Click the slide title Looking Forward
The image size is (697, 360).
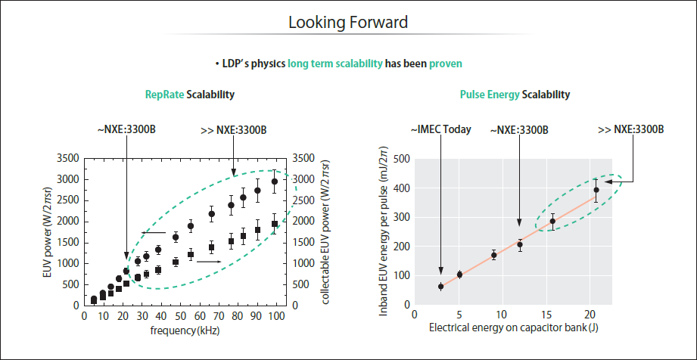[348, 23]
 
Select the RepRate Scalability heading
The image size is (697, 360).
[189, 95]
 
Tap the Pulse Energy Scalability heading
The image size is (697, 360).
[515, 95]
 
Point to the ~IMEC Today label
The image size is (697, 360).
[440, 129]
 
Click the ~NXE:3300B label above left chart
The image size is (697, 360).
[126, 129]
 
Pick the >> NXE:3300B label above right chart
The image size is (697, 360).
[630, 129]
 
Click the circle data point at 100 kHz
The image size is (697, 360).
[274, 182]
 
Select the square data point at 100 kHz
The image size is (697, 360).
[274, 224]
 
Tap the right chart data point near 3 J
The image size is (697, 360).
[440, 287]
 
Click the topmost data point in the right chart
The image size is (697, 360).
[596, 191]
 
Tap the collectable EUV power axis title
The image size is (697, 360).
[325, 231]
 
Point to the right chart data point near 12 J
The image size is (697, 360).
[520, 244]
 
